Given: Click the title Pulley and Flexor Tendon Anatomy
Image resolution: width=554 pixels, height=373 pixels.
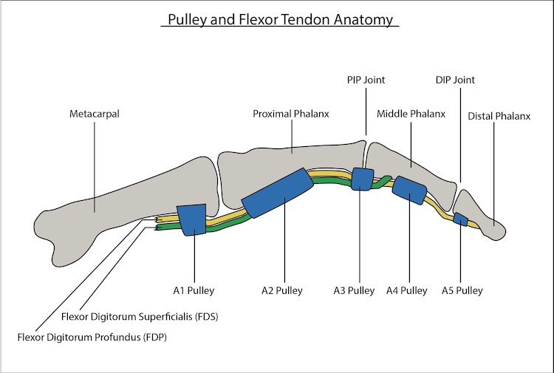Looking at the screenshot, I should [x=280, y=19].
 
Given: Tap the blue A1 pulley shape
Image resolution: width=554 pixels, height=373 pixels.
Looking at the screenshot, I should [x=193, y=219].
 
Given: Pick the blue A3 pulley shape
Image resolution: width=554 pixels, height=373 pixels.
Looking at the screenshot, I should [x=361, y=179].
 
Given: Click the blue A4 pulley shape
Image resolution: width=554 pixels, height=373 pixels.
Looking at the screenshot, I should [x=410, y=191].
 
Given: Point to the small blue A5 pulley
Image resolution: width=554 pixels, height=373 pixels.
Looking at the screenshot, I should [x=460, y=219].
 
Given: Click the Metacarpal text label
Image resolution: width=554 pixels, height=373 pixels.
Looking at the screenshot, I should [x=95, y=114].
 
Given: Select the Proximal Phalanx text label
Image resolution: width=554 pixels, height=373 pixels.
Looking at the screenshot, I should [x=291, y=114].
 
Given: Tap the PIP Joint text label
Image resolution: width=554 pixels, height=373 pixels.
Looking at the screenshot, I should [x=366, y=80].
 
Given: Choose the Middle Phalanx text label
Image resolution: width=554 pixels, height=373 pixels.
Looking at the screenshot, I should [x=411, y=114].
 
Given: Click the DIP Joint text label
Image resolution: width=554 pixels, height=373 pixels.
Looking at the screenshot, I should [x=454, y=80].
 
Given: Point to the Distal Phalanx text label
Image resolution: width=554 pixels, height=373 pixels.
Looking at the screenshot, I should [x=499, y=116].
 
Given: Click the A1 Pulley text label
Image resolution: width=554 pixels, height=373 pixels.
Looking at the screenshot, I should [x=194, y=290].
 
